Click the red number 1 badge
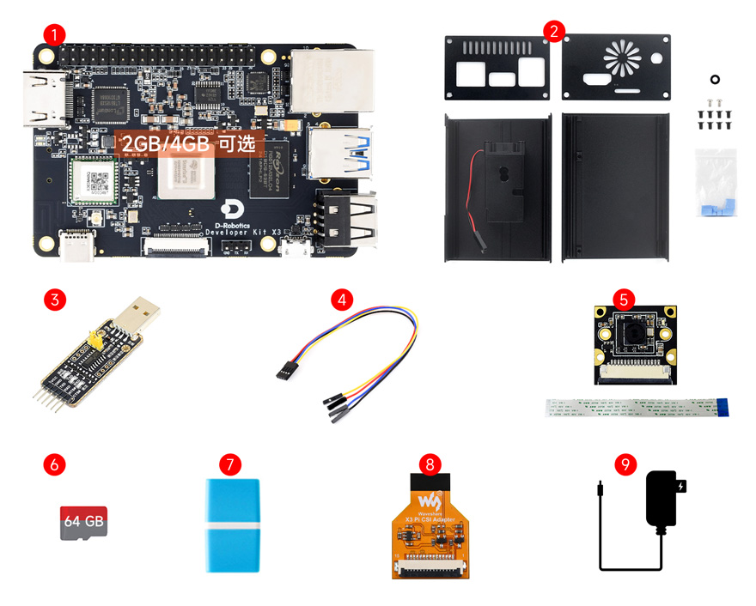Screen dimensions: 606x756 point(54,34)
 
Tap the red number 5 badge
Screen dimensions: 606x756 point(625,300)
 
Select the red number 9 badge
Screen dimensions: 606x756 point(626,464)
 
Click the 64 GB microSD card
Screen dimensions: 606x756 point(83,522)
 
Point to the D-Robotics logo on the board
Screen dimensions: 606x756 point(230,209)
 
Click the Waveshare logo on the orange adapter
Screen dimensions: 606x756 point(430,500)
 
